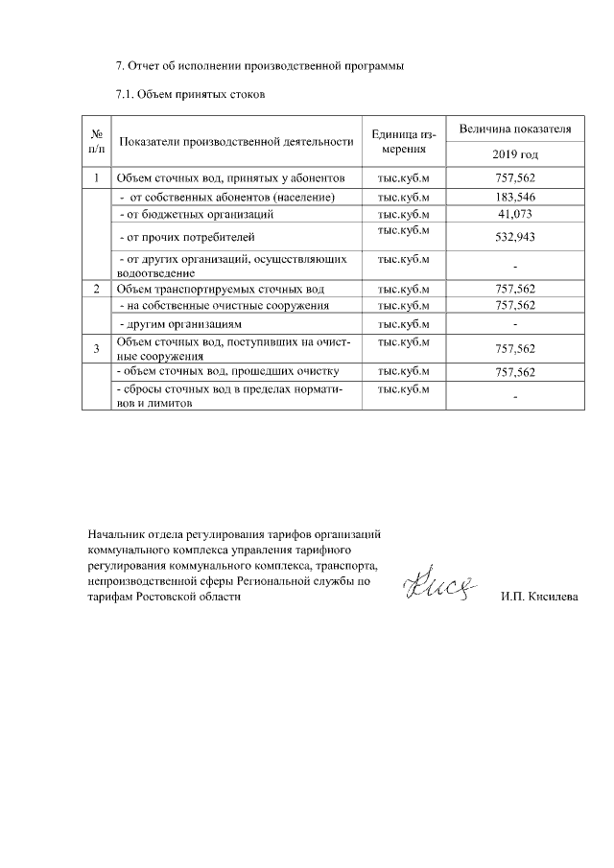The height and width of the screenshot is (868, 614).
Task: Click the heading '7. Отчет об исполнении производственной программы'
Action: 260,66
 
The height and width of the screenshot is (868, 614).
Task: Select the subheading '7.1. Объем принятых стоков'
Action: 189,95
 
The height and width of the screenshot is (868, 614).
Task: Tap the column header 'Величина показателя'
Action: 515,129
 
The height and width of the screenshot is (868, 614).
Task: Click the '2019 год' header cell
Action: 515,153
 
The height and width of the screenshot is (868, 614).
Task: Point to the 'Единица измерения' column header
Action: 403,142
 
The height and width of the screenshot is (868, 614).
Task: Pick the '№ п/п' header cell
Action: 97,142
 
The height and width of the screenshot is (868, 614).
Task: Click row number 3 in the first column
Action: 97,348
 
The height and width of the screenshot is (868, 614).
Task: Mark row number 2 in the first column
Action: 97,289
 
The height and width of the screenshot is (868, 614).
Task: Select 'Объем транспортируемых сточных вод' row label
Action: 220,289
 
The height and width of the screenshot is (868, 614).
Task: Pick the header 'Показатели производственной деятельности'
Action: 236,142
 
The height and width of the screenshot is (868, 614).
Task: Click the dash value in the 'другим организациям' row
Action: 515,324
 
